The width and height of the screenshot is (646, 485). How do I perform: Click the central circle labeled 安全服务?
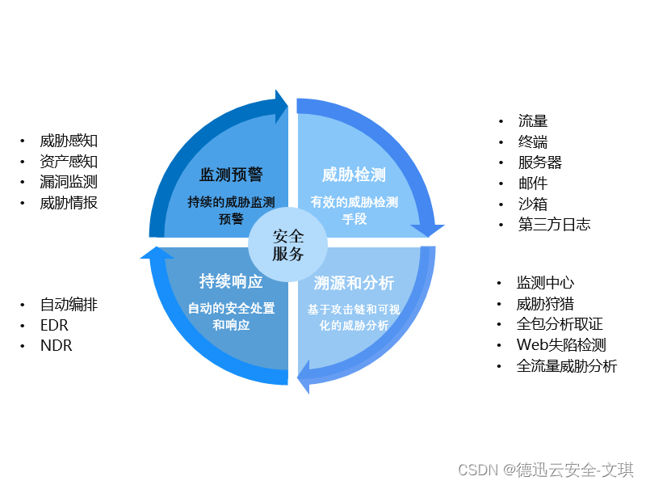coord(287,245)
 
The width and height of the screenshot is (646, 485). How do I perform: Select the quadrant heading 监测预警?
coord(231,175)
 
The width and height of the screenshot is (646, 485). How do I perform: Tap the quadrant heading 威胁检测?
coord(354,175)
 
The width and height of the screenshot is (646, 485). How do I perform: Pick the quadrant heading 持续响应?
coord(231,282)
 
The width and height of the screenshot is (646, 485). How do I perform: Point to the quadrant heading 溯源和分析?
coord(354,283)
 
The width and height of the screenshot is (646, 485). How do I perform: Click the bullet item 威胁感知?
coord(69,141)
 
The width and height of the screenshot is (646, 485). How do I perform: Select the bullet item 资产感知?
coord(69,162)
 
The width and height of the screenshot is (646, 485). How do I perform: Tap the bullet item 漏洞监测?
coord(69,182)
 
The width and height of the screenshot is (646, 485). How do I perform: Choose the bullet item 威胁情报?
coord(69,203)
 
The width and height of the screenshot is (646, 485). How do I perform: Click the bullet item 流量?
coord(533,121)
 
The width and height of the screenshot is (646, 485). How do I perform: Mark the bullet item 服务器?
coord(540,162)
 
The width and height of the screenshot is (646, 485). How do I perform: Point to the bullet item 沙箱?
coord(533,204)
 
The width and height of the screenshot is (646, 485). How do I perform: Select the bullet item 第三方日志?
coord(554,224)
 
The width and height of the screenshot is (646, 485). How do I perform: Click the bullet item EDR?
coord(54,326)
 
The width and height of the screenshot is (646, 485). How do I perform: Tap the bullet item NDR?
coord(56,346)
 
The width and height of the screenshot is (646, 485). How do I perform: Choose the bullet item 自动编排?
coord(69,305)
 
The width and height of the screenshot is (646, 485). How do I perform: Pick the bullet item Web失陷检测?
coord(561,345)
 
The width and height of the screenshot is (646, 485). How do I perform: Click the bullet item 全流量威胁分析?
coord(567,366)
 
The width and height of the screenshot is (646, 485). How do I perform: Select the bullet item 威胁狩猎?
coord(545,304)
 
